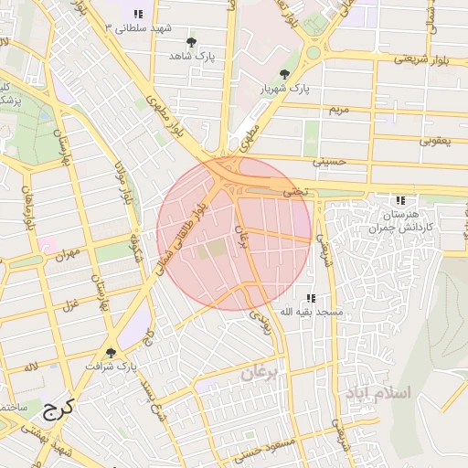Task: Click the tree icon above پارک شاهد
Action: [191, 42]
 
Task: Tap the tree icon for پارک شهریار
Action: [285, 74]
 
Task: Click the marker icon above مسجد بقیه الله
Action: [312, 298]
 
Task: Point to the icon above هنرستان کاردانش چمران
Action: [399, 200]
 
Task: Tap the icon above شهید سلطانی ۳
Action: [138, 14]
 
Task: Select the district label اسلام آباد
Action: [378, 391]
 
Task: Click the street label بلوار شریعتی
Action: [423, 58]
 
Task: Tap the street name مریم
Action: [338, 109]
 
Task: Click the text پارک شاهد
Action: [191, 57]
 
